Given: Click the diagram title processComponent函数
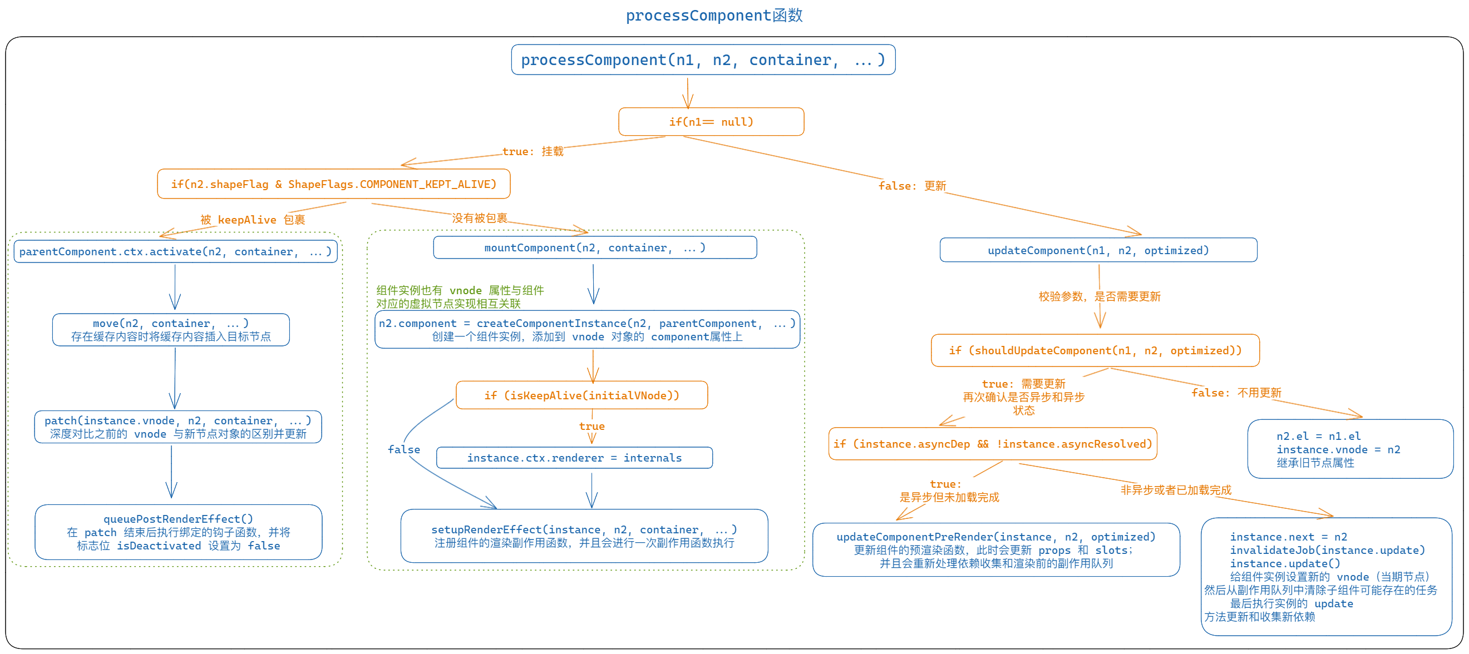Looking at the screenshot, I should pyautogui.click(x=714, y=16).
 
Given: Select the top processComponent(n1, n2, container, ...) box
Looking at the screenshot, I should pyautogui.click(x=703, y=60).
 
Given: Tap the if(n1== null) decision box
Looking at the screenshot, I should pyautogui.click(x=711, y=122).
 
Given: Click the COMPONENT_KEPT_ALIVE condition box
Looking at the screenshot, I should pyautogui.click(x=334, y=184).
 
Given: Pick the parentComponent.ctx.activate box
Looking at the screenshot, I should pyautogui.click(x=175, y=252).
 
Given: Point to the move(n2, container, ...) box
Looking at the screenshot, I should pyautogui.click(x=170, y=330).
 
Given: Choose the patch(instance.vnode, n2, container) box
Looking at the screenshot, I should pyautogui.click(x=178, y=427).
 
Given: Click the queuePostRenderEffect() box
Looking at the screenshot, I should pyautogui.click(x=178, y=532).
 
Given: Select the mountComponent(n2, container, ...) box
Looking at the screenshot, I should pyautogui.click(x=594, y=248).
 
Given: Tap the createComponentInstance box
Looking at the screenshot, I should pyautogui.click(x=587, y=330).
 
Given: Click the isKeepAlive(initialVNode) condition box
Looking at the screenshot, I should pyautogui.click(x=581, y=396).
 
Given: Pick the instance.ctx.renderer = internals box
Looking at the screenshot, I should pyautogui.click(x=574, y=458).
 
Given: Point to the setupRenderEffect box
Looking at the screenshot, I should pyautogui.click(x=584, y=536).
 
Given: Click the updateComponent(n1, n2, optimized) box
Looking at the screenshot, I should pyautogui.click(x=1098, y=250).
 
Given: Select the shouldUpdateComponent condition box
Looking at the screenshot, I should pyautogui.click(x=1095, y=351).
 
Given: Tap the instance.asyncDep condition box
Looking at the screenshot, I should pyautogui.click(x=992, y=444).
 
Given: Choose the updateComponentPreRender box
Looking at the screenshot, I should pyautogui.click(x=995, y=549).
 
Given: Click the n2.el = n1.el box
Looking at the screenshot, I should pyautogui.click(x=1350, y=449).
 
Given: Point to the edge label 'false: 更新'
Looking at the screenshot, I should pyautogui.click(x=912, y=186).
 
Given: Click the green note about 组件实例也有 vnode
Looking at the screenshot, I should pyautogui.click(x=459, y=297).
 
